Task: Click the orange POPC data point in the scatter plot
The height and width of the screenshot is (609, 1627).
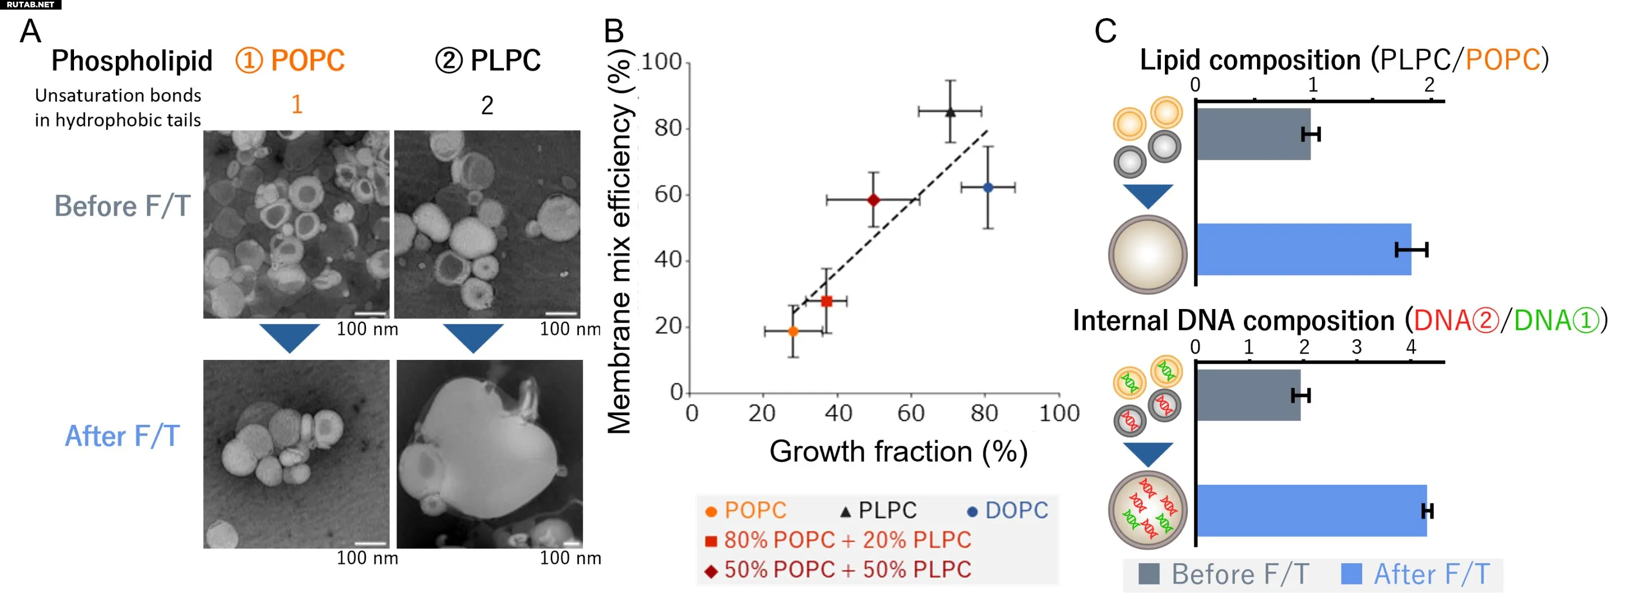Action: click(793, 331)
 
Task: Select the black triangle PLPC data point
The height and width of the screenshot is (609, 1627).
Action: click(951, 112)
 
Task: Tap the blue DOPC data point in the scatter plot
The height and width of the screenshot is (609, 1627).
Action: click(989, 188)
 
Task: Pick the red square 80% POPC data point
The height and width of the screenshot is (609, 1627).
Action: click(826, 301)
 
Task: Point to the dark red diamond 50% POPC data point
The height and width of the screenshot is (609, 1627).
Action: click(873, 200)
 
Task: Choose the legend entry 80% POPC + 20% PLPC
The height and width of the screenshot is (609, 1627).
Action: click(838, 540)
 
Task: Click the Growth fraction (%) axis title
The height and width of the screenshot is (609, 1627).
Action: click(898, 451)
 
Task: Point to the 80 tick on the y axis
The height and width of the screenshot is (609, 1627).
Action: click(668, 128)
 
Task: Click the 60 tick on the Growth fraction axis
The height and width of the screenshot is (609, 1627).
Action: click(911, 413)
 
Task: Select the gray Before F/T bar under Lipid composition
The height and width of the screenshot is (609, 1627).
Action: click(1253, 134)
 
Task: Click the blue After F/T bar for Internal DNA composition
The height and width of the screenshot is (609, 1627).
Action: click(1311, 511)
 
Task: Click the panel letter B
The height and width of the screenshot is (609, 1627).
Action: click(614, 31)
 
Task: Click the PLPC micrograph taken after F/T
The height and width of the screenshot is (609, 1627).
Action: click(489, 454)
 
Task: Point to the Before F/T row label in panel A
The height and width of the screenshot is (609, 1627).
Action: click(123, 206)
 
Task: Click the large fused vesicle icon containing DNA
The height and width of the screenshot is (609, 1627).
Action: click(1147, 510)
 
